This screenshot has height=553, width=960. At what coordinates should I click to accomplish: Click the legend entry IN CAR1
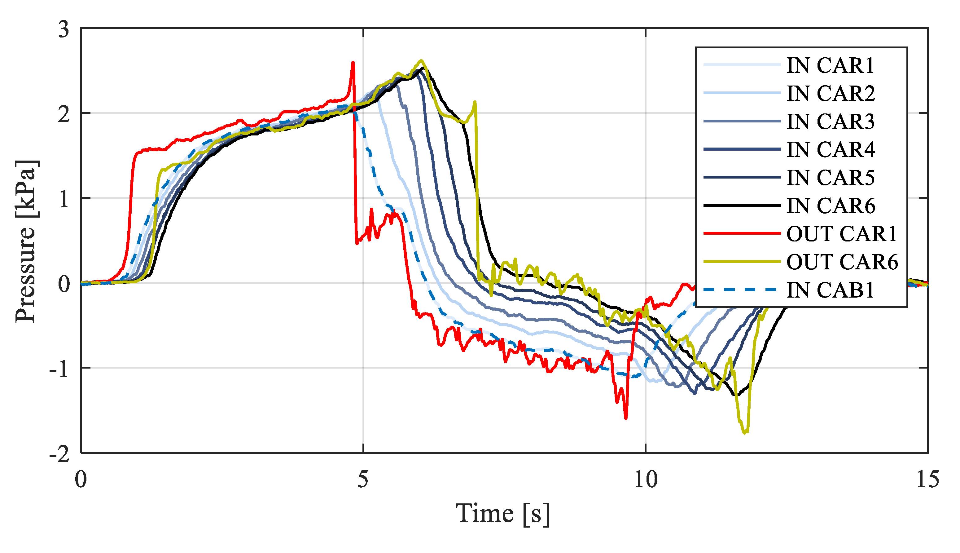830,65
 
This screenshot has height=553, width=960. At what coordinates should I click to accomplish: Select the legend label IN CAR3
830,122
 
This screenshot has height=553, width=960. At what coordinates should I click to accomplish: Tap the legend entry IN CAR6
830,206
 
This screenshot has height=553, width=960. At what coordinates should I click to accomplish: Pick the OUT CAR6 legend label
842,262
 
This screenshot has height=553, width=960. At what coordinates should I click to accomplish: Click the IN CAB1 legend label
830,290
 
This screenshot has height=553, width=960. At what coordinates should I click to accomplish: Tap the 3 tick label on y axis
64,29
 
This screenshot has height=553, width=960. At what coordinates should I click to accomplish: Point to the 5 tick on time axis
363,479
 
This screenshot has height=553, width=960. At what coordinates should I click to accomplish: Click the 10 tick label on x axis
646,479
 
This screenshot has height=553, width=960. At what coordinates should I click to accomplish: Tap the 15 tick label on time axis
927,479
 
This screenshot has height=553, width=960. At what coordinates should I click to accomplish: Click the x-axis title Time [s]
502,514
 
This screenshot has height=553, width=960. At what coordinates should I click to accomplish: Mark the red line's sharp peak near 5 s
353,63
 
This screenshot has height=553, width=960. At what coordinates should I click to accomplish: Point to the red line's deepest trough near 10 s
626,418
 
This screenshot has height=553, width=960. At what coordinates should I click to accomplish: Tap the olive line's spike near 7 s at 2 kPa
475,102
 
